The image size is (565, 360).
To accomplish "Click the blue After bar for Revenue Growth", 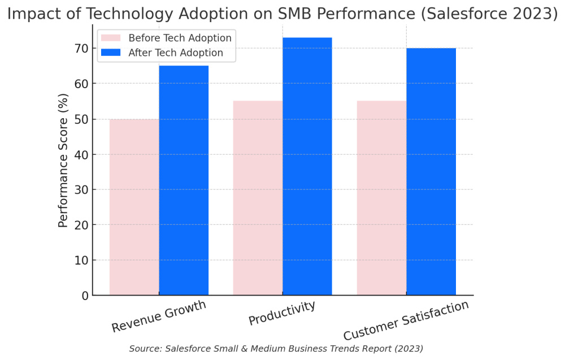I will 184,181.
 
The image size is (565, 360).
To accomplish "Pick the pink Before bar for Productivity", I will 258,198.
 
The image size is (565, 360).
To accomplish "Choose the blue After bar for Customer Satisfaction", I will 431,172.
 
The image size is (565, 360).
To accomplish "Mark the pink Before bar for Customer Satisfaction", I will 381,198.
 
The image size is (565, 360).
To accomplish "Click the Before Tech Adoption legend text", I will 180,38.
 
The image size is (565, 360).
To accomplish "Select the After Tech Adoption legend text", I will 176,53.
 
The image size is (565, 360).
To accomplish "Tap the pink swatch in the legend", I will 111,38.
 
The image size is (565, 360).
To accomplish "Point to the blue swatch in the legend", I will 111,53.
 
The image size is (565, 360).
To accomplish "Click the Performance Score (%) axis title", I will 63,162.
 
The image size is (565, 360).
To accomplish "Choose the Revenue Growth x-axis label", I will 159,316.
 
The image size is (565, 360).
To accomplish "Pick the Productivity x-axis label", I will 281,314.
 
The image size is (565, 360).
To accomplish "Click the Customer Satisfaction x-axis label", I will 406,320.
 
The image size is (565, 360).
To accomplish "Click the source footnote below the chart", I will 276,349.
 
